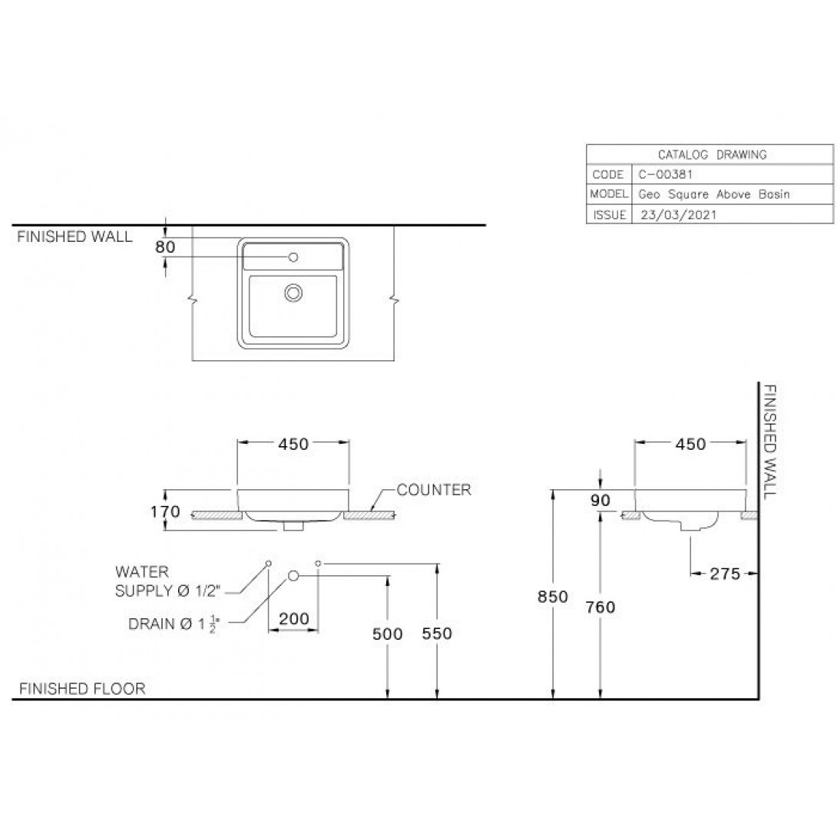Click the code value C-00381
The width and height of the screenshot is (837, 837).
(665, 174)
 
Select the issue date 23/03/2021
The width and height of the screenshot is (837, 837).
(679, 214)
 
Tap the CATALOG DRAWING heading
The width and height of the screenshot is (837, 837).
(712, 155)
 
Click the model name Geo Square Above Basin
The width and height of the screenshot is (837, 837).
(713, 194)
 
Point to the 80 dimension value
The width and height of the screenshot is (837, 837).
(165, 246)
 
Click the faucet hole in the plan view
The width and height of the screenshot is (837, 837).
(293, 257)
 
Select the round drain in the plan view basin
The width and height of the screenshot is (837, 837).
(293, 293)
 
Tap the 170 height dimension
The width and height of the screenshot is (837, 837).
(165, 511)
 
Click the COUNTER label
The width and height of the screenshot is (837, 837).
(434, 489)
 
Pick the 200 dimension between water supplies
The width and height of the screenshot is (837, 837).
(293, 619)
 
